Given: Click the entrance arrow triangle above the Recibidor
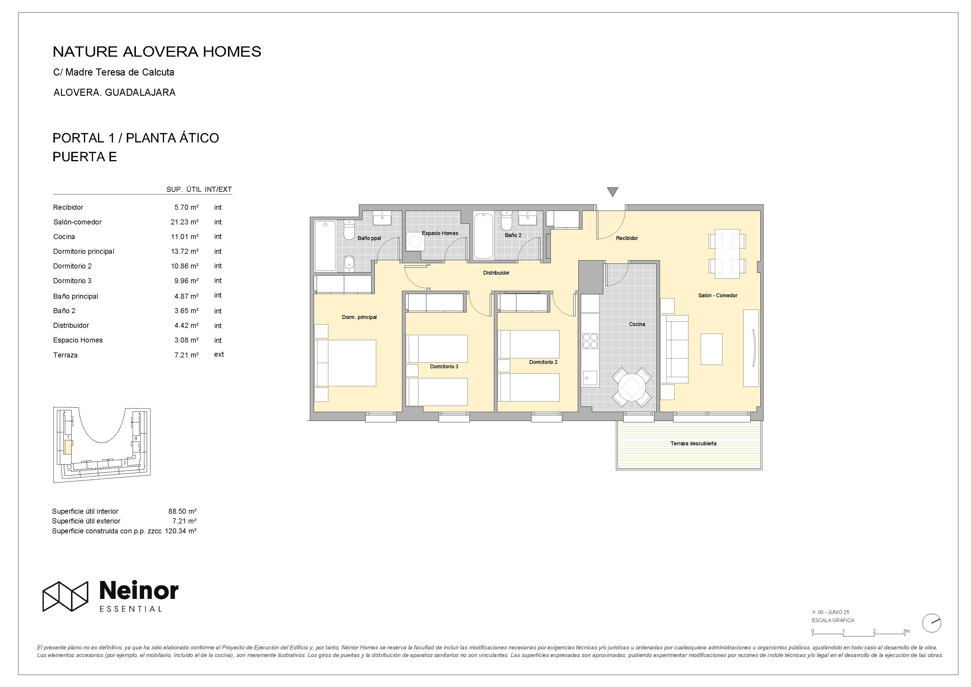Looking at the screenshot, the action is pyautogui.click(x=612, y=191).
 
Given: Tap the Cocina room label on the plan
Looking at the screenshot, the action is pyautogui.click(x=637, y=324).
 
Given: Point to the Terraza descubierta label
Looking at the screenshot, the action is pyautogui.click(x=693, y=444).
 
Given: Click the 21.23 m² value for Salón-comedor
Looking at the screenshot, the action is pyautogui.click(x=184, y=222).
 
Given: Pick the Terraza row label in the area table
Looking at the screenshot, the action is pyautogui.click(x=65, y=355).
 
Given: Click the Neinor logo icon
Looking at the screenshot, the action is pyautogui.click(x=65, y=596).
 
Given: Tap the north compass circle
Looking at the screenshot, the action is pyautogui.click(x=931, y=623).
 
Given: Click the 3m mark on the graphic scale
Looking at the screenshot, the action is pyautogui.click(x=906, y=631).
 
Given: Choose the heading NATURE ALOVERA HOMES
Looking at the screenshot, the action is pyautogui.click(x=157, y=52).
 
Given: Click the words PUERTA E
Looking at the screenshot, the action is pyautogui.click(x=85, y=157).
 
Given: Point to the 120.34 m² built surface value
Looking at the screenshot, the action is pyautogui.click(x=180, y=531).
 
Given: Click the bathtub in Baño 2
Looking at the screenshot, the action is pyautogui.click(x=483, y=236).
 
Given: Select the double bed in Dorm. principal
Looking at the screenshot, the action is pyautogui.click(x=345, y=363).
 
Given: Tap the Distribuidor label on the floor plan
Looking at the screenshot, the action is pyautogui.click(x=496, y=273).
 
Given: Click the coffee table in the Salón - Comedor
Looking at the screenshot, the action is pyautogui.click(x=711, y=349).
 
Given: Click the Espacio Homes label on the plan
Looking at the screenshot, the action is pyautogui.click(x=440, y=233).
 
